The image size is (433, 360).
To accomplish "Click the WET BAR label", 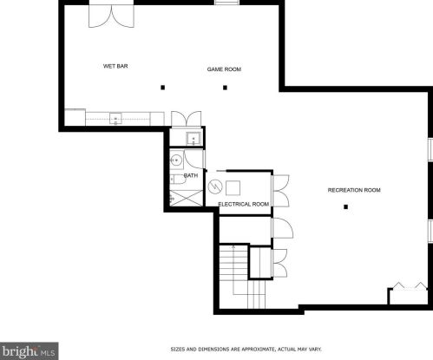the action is (x=115, y=66).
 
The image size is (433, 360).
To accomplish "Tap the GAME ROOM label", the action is (x=224, y=69).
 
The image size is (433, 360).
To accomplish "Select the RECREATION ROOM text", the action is (x=354, y=190).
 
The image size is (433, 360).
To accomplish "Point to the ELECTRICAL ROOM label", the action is (x=244, y=204).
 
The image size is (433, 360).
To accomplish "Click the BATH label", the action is (x=191, y=175).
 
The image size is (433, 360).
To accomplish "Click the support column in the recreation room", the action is (x=345, y=206).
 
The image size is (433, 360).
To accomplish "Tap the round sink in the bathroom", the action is (x=175, y=160).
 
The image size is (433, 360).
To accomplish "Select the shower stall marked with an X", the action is (x=187, y=199).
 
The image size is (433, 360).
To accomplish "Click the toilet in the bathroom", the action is (x=177, y=180).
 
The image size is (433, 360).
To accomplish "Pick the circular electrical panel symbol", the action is (x=215, y=187).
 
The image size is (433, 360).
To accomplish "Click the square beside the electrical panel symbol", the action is (x=233, y=188).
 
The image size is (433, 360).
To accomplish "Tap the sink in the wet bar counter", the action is (x=115, y=119).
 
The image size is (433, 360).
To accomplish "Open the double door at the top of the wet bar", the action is (x=111, y=16).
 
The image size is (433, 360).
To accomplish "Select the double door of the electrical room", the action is (x=281, y=191).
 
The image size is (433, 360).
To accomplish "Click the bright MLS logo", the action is (x=30, y=351).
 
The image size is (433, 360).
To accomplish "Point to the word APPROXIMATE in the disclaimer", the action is (x=259, y=350).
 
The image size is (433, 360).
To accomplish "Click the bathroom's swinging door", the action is (x=194, y=160).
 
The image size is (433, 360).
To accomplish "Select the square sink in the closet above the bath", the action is (x=194, y=139).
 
